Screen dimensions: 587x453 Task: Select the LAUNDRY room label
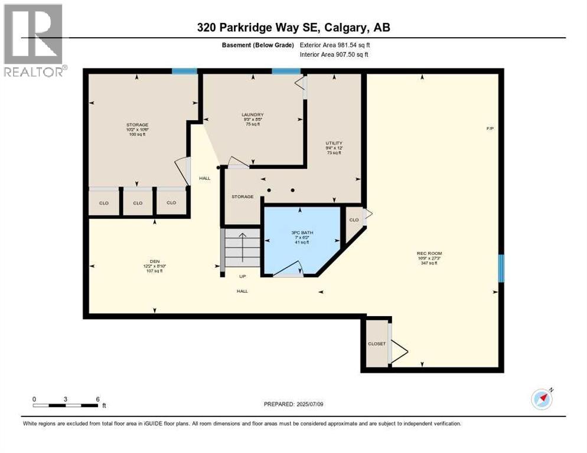tap(252, 114)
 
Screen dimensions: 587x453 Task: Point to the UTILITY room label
tap(334, 143)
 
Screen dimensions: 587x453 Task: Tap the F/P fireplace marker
tap(490, 129)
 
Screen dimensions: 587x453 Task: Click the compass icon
tap(542, 399)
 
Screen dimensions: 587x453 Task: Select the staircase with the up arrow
tap(242, 248)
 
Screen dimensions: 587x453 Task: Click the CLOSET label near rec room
tap(376, 344)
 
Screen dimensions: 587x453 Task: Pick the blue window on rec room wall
tap(501, 268)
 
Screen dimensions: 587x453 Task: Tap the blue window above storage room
tap(184, 71)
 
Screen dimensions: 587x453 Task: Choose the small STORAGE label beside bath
tap(242, 196)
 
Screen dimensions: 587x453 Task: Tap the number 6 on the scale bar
tap(97, 399)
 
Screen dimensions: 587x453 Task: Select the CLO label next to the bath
tap(354, 219)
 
